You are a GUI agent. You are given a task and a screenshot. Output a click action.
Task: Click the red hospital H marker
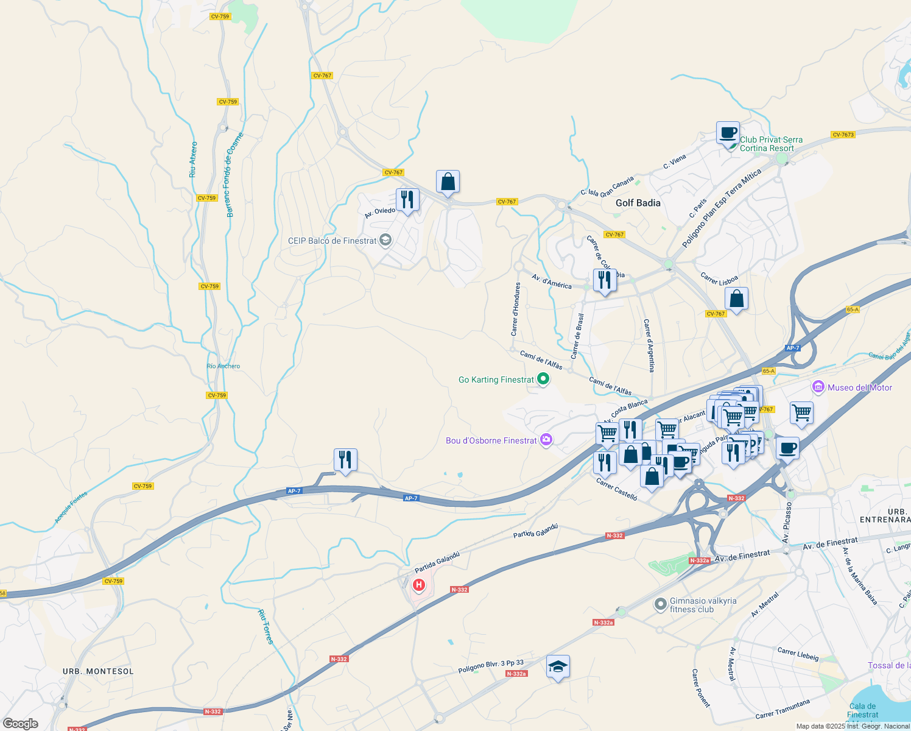pos(419,585)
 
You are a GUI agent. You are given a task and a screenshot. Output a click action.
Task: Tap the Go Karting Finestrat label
pos(496,380)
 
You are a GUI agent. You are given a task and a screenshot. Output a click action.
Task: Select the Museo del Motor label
pos(860,387)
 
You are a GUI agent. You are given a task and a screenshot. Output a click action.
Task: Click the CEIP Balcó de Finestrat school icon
pos(385,241)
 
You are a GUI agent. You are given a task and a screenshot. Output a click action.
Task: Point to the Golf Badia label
pos(638,203)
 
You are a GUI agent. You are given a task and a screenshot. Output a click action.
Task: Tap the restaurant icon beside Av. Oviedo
pos(407,200)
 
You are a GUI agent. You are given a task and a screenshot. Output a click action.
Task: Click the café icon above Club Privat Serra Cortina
pos(728,133)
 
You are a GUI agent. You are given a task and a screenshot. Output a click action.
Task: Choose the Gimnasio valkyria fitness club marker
pos(660,604)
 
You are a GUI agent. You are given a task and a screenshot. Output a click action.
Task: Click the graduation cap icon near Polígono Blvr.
pos(558,667)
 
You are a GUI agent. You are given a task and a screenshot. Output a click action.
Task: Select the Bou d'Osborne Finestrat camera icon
pos(546,440)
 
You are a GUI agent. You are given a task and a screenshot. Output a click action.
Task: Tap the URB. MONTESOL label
pos(98,671)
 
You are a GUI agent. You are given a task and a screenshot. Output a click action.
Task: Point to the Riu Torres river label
pos(266,627)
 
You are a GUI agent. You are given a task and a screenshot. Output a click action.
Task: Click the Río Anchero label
pos(223,366)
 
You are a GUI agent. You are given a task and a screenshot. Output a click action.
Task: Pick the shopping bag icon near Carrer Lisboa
pos(736,299)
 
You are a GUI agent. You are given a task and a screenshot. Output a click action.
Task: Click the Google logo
pos(20,723)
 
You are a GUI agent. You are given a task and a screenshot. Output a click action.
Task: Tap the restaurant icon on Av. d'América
pos(605,280)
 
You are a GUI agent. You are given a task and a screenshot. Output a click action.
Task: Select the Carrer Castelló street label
pos(617,490)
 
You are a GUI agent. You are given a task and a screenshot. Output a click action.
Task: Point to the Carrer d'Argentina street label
pos(650,345)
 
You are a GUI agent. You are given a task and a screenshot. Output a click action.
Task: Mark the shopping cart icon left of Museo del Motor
pos(802,413)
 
